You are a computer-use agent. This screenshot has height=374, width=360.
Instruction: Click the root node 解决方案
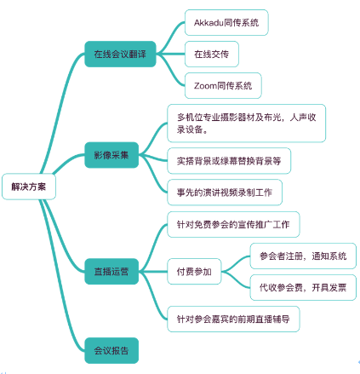click(29, 187)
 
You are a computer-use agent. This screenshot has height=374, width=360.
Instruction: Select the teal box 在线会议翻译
click(120, 54)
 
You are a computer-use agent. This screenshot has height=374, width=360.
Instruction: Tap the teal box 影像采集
click(111, 155)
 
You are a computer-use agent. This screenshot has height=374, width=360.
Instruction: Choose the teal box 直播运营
click(111, 272)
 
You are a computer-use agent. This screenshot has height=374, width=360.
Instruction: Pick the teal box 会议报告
click(111, 350)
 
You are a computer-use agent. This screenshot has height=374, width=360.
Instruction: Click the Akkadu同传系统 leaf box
click(226, 22)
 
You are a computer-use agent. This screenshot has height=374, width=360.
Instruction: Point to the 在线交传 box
click(212, 54)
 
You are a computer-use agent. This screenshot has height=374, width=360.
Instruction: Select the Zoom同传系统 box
click(223, 85)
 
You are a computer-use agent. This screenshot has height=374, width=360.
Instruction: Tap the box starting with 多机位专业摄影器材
click(246, 124)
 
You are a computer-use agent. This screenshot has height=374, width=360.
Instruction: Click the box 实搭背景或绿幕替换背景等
click(229, 161)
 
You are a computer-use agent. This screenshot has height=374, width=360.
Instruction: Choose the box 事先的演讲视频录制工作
click(225, 193)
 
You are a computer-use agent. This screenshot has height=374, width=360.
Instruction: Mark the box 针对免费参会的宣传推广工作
click(233, 224)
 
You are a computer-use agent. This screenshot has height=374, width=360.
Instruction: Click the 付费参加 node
click(194, 272)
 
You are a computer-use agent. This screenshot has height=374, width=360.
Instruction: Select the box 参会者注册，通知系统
click(303, 256)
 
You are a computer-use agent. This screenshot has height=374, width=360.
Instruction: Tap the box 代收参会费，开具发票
click(303, 287)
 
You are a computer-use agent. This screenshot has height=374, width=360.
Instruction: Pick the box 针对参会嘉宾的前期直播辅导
click(233, 319)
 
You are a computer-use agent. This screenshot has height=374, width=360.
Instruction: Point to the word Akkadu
click(209, 22)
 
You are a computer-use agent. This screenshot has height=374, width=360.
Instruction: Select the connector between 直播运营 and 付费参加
click(153, 272)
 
